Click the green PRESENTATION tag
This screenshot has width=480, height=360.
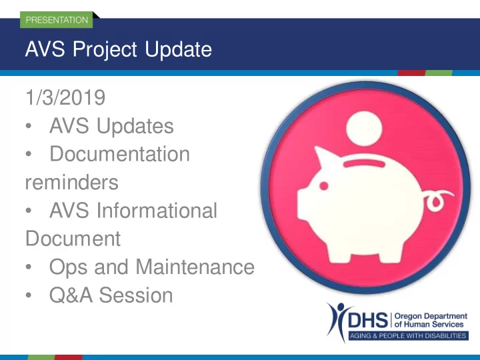(x=56, y=20)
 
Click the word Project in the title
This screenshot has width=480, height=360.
(x=105, y=49)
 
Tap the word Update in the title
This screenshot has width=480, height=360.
(x=178, y=49)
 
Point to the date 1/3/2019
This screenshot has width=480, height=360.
(x=65, y=97)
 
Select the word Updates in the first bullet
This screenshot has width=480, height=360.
(x=135, y=126)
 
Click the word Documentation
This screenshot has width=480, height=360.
(x=120, y=154)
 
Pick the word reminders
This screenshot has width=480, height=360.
(x=71, y=182)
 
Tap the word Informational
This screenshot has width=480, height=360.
(x=157, y=210)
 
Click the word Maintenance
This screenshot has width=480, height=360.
(x=195, y=267)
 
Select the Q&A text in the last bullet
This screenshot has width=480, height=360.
(x=71, y=295)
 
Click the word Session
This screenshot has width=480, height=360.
(x=136, y=295)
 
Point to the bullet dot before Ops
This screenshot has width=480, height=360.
(x=29, y=267)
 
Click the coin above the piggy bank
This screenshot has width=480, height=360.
(x=364, y=129)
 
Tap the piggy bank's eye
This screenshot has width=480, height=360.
(x=323, y=185)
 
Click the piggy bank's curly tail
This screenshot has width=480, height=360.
(x=438, y=199)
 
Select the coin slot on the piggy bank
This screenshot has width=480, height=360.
(x=364, y=163)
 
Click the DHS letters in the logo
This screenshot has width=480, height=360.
(x=367, y=320)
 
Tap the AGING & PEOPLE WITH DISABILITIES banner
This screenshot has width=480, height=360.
(x=408, y=335)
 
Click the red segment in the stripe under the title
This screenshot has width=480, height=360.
(x=411, y=73)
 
